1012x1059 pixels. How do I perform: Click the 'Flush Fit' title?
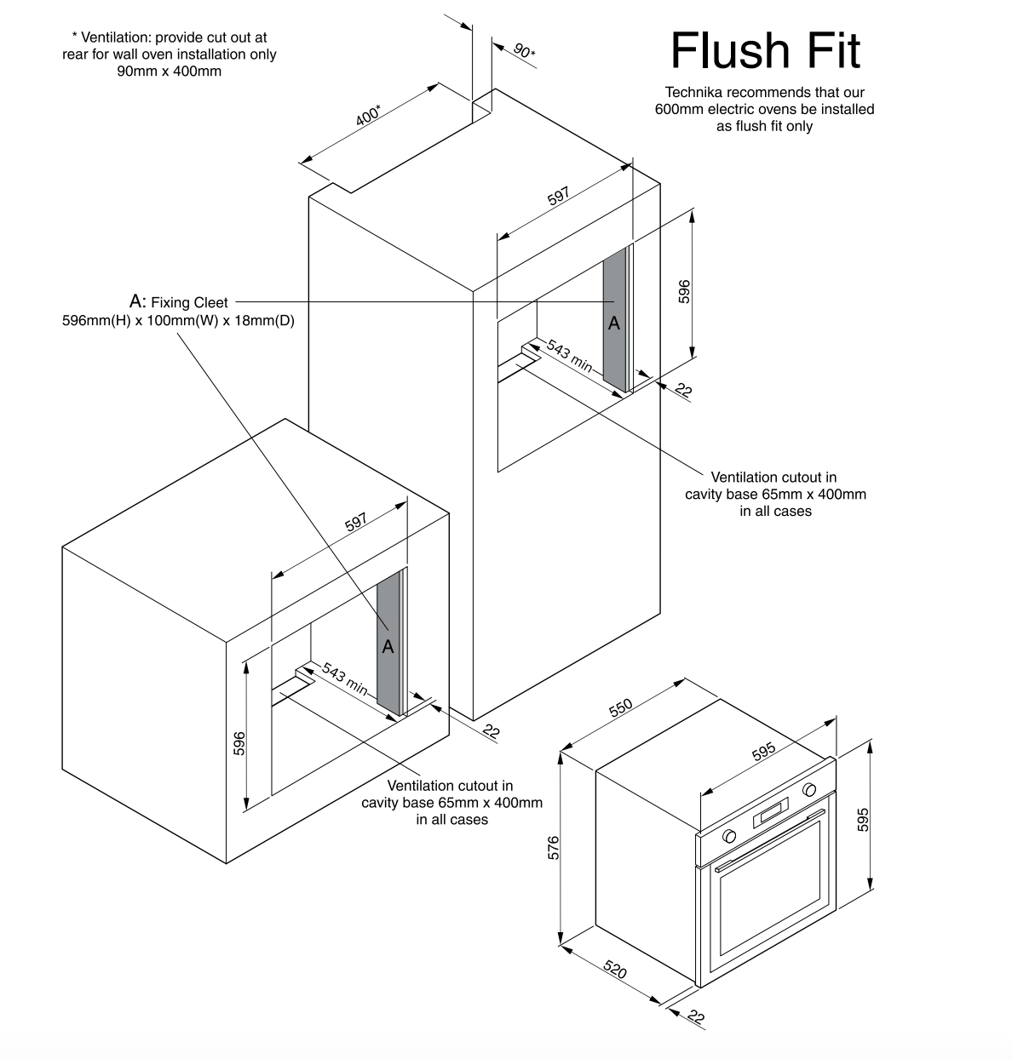point(765,51)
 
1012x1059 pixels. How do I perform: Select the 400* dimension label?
point(369,115)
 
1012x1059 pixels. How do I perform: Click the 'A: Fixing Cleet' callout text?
point(179,302)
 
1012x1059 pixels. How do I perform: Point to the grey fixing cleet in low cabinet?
point(388,643)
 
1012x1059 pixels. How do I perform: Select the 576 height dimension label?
point(553,849)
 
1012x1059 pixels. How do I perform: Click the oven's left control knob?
point(729,836)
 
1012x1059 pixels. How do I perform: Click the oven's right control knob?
point(809,789)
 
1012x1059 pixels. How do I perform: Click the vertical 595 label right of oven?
point(863,819)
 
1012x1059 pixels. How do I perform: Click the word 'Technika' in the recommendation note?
point(692,92)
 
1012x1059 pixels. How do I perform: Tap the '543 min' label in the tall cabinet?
point(569,356)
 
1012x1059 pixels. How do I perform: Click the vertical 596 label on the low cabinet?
point(239,742)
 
